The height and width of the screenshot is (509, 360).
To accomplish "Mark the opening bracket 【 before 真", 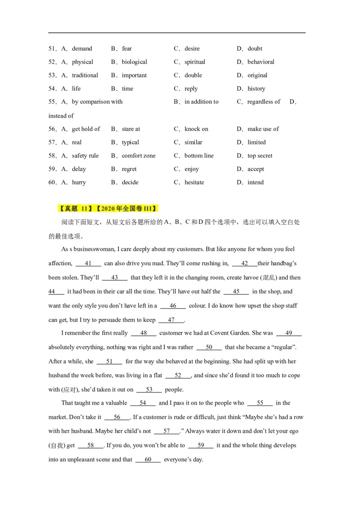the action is (x=61, y=209).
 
